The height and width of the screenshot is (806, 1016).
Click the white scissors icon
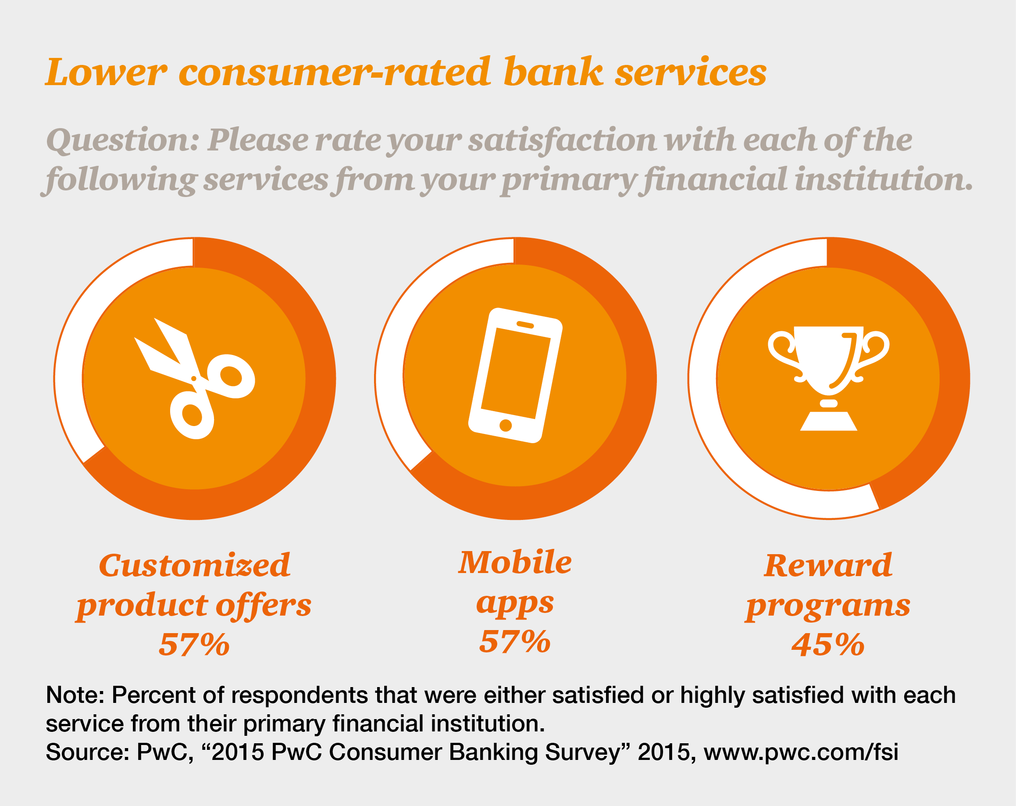(195, 379)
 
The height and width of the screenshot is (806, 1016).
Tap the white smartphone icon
(515, 376)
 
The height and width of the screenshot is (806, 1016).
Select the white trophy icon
(828, 378)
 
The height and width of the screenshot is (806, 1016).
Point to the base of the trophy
(828, 421)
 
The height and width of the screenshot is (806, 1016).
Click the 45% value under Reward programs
(828, 645)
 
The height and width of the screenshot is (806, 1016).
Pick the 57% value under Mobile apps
(515, 642)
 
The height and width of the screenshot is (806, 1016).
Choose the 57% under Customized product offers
(194, 645)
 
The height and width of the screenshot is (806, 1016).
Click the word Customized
(194, 566)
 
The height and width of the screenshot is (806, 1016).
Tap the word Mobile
(515, 562)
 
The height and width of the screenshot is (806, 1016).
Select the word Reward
(828, 566)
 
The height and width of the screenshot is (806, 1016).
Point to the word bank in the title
(553, 72)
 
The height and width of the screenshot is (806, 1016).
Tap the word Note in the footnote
(75, 695)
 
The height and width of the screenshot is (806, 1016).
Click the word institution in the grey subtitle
(884, 180)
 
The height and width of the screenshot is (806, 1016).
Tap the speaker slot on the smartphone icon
(525, 325)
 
